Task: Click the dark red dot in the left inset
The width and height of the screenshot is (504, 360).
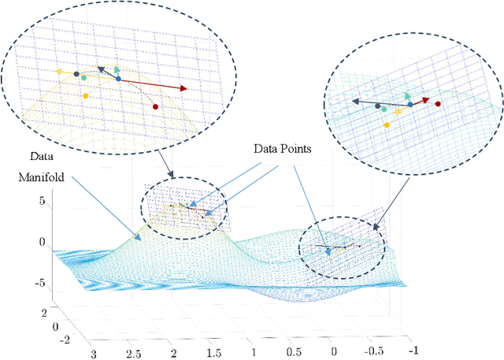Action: point(154,106)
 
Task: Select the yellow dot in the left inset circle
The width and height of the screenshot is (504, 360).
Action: point(85,95)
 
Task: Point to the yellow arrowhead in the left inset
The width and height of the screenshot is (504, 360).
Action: point(58,71)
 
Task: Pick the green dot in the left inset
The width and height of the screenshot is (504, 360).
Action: point(83,78)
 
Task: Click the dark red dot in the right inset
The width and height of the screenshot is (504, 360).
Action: point(438,103)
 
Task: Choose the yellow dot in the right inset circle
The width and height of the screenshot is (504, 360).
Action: point(386,124)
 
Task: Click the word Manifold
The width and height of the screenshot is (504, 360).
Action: point(43,178)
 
